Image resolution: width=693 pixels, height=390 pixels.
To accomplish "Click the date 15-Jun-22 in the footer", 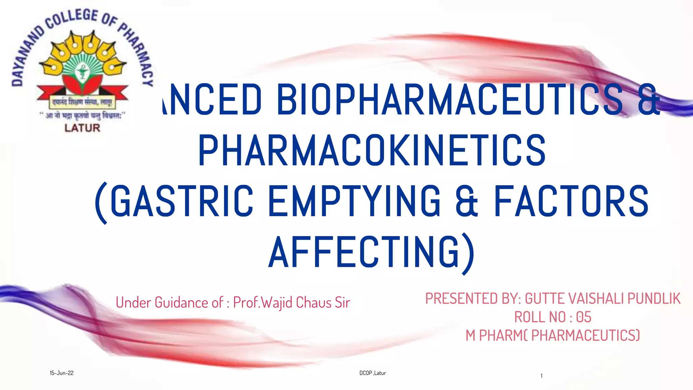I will coord(62,373).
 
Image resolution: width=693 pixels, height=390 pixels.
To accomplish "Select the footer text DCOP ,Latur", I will coord(373,373).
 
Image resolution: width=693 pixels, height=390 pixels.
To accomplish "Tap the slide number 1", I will coord(541,376).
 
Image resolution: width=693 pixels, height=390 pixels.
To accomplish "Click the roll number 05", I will coord(583,317).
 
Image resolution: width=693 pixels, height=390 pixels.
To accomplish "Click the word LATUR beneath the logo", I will coord(82,128).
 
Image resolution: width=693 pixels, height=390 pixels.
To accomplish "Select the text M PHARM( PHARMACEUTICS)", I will coord(553,335).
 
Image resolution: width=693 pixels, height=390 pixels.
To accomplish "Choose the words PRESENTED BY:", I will coord(473,299).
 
